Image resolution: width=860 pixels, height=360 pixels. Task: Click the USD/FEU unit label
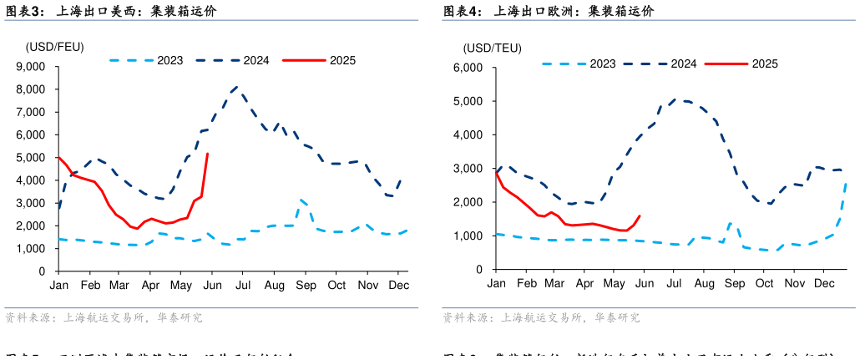(54, 46)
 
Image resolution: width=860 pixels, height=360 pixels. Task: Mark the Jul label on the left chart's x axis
(243, 286)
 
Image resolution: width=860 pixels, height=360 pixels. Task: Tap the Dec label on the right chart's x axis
(824, 284)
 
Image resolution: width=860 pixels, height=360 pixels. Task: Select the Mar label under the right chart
(554, 284)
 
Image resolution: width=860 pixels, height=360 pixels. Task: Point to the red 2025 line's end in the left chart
(207, 154)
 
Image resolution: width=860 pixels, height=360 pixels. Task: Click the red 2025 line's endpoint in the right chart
(640, 215)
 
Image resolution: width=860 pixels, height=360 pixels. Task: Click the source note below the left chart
(104, 318)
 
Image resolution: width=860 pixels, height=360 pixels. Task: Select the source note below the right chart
(541, 318)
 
